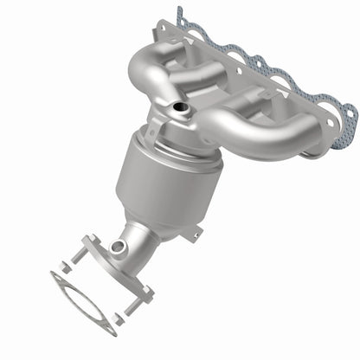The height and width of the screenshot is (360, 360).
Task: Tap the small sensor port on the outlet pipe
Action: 119,248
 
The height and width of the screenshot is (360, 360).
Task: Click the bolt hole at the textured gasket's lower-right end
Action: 345,110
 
